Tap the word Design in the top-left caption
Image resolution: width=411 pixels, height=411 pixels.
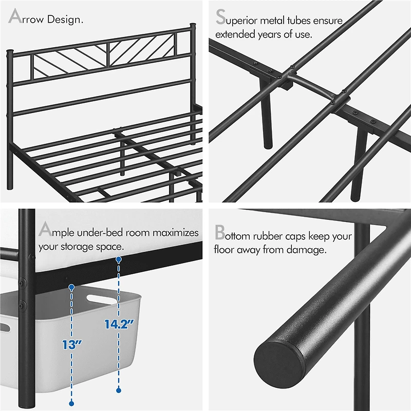pyautogui.click(x=66, y=20)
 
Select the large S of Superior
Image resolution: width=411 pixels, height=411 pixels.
pyautogui.click(x=221, y=17)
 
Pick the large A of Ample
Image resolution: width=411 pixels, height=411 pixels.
pyautogui.click(x=45, y=229)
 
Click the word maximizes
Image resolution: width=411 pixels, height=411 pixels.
pyautogui.click(x=175, y=233)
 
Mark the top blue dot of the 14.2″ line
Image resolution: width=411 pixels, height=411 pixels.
pyautogui.click(x=119, y=260)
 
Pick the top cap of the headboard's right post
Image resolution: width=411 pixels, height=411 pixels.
pyautogui.click(x=193, y=25)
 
